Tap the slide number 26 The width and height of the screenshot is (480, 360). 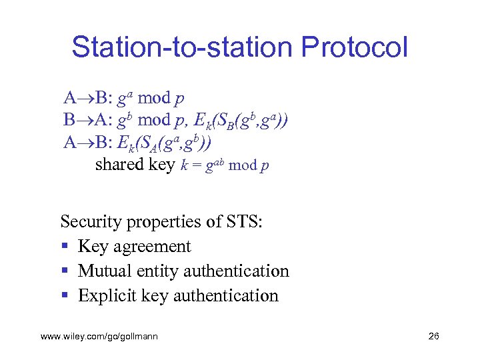tap(433, 337)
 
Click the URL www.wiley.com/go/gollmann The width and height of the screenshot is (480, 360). tap(99, 337)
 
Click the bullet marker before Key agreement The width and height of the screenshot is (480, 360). tap(64, 247)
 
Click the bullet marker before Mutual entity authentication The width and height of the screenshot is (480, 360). tap(64, 271)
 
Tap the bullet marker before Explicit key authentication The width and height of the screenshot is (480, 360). tap(64, 296)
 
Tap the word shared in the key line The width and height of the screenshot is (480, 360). tap(115, 165)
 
